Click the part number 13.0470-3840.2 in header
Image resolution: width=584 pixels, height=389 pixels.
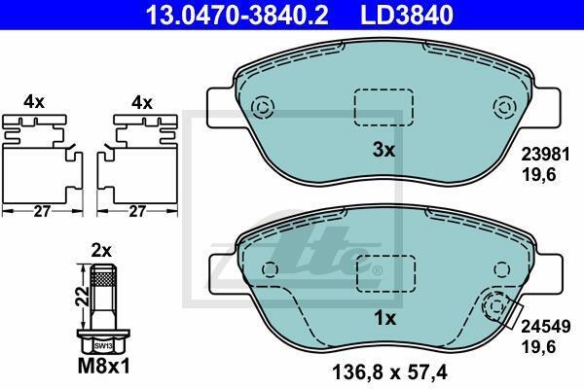237,15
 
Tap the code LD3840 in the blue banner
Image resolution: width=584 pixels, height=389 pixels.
407,15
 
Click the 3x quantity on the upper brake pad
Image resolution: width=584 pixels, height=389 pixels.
383,150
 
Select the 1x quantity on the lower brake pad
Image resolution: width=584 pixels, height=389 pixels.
384,318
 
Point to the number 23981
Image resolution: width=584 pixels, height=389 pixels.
545,155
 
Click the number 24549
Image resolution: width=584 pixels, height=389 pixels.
545,327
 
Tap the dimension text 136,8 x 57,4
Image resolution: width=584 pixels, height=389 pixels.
388,371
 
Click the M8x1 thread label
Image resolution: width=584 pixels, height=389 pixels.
104,367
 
